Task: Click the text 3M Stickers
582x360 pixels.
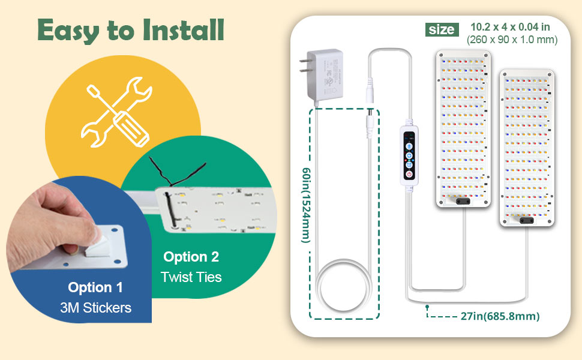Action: point(96,308)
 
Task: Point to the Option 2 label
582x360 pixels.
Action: point(191,257)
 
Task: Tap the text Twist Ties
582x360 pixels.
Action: point(191,277)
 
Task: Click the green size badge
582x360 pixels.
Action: point(442,29)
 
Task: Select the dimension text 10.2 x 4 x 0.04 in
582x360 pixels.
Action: point(511,27)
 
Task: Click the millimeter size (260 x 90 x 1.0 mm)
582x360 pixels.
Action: point(512,40)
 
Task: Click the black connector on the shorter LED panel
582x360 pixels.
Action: point(527,220)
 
